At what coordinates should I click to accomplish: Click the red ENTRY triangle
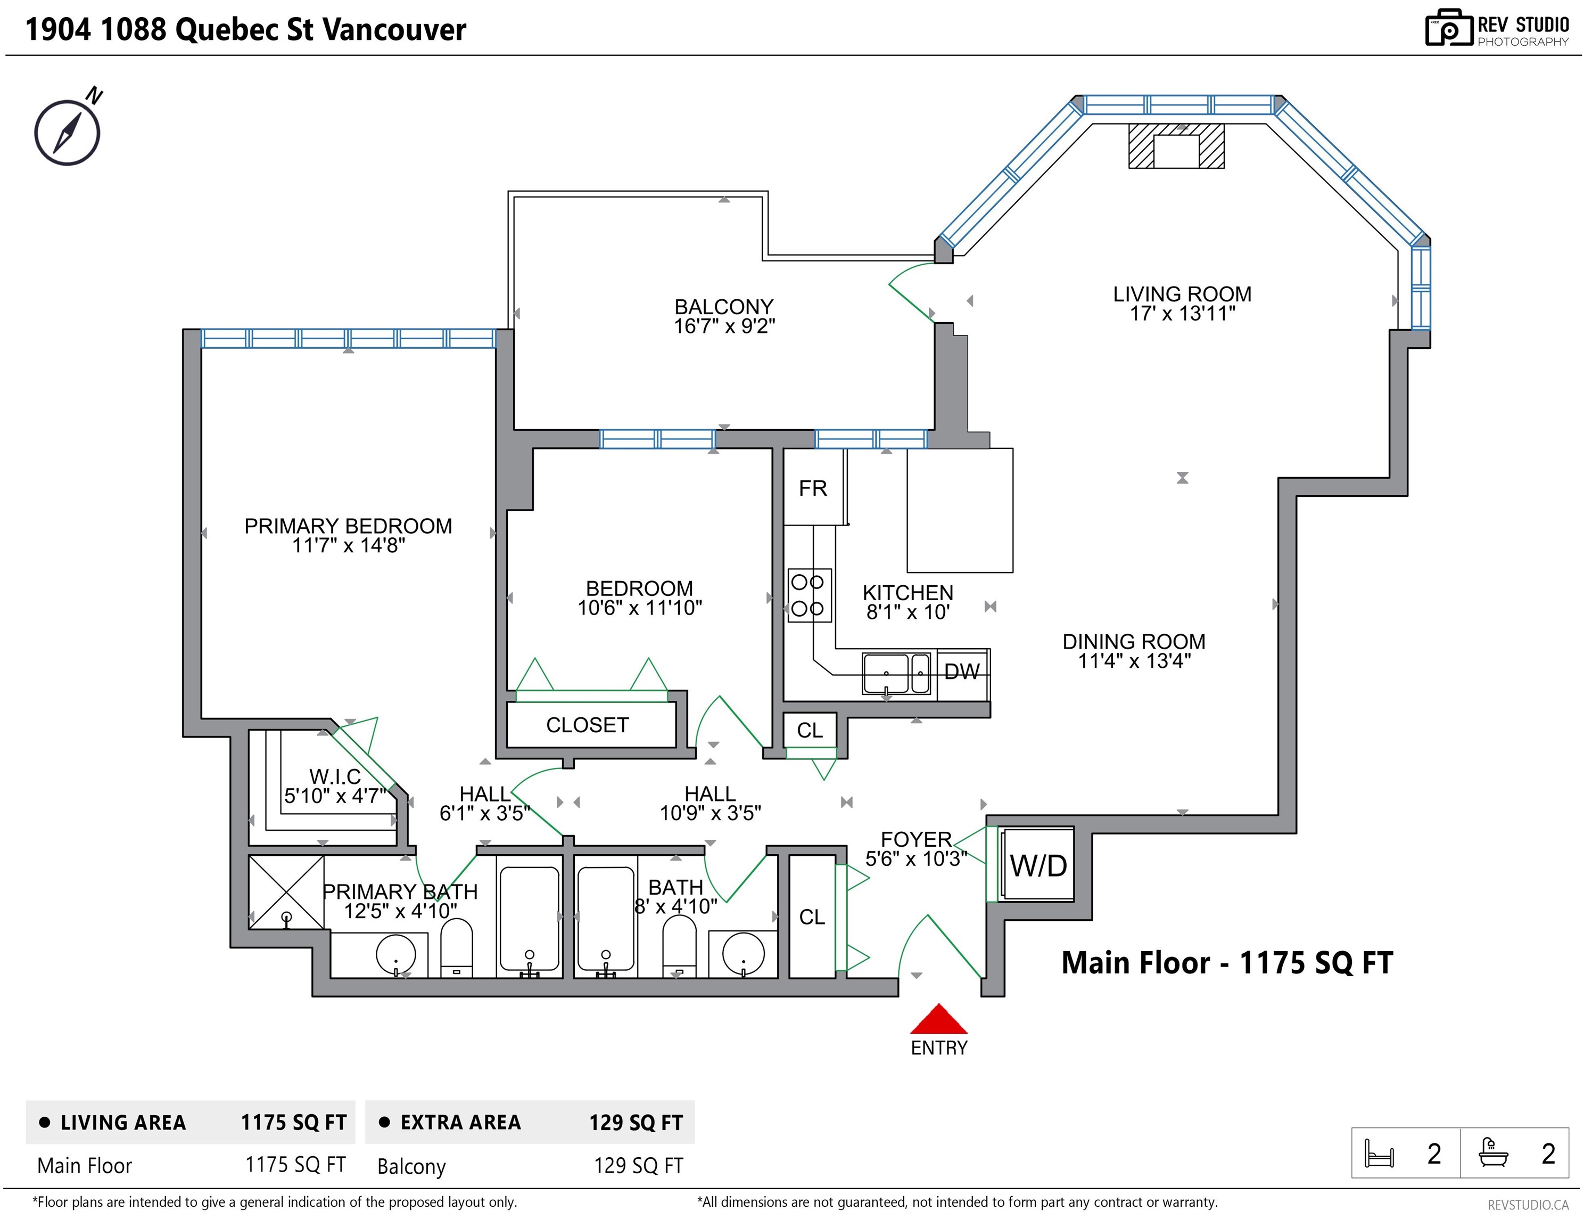pos(938,1019)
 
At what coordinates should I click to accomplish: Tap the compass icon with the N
pos(68,129)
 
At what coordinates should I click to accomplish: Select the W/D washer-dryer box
pos(1037,865)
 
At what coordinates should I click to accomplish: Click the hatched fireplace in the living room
pos(1176,146)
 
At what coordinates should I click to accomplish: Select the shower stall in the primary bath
pos(286,892)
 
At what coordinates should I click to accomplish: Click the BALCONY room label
pos(724,307)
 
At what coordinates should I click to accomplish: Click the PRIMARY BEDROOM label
pos(348,526)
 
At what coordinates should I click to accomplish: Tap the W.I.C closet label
pos(335,777)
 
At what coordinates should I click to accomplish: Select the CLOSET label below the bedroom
pos(588,725)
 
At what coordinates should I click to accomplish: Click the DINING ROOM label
pos(1134,641)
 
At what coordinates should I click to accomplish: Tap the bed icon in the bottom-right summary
pos(1379,1153)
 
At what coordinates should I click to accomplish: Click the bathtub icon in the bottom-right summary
pos(1494,1152)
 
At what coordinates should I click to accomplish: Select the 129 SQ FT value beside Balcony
pos(638,1165)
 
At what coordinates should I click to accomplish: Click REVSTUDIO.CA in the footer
pos(1528,1205)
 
